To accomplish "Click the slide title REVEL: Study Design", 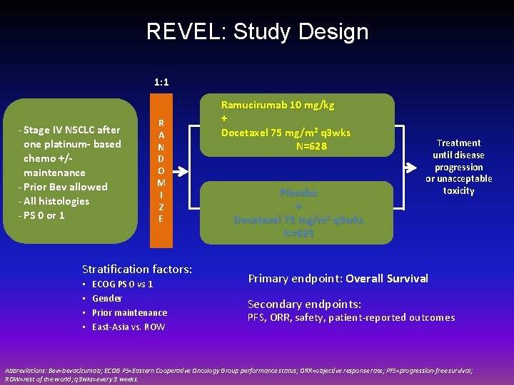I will pos(257,32).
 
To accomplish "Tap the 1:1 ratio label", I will pos(161,82).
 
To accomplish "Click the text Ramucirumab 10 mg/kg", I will pos(278,105).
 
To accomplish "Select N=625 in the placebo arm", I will pos(298,233).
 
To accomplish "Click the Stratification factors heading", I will pos(137,269).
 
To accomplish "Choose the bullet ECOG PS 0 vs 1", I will pos(123,284).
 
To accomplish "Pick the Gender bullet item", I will pos(107,299).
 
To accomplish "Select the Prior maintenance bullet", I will pos(130,313).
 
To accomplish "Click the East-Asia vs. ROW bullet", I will pos(128,327).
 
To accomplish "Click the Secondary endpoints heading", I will pos(305,304).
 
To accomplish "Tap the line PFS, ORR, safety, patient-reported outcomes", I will pos(351,318).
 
